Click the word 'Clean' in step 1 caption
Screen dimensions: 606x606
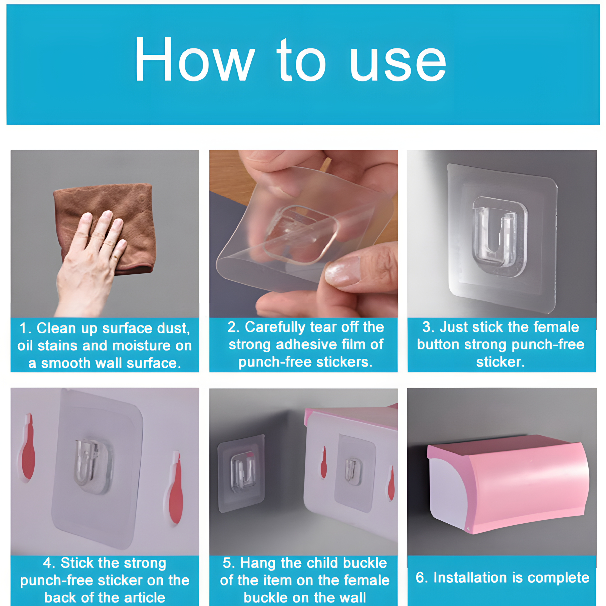tap(56, 329)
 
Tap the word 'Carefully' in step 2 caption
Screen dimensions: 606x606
tap(275, 327)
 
